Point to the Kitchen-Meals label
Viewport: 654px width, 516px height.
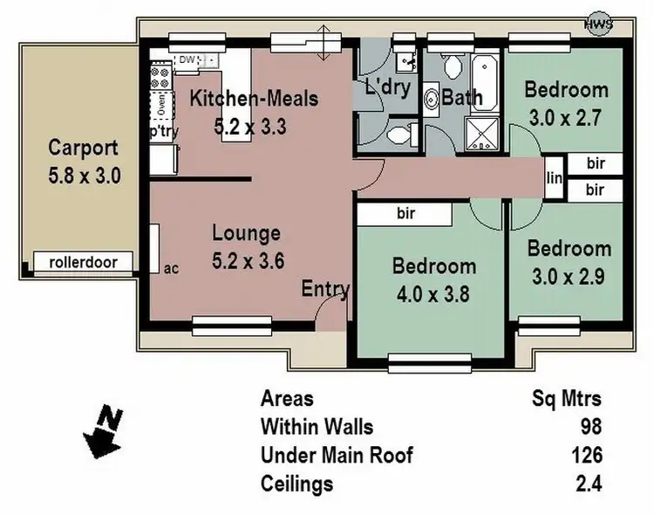pyautogui.click(x=254, y=99)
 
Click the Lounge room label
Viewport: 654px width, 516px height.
pyautogui.click(x=247, y=233)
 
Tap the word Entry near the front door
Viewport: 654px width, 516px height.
pyautogui.click(x=326, y=289)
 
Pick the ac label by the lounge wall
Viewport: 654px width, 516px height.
pyautogui.click(x=171, y=268)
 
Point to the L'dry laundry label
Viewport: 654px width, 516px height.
pyautogui.click(x=387, y=87)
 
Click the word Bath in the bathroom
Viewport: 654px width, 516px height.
pyautogui.click(x=462, y=96)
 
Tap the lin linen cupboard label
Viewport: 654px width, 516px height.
pyautogui.click(x=554, y=178)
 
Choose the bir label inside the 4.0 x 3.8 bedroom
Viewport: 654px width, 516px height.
pyautogui.click(x=405, y=212)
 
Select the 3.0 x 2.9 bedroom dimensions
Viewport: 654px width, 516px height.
pyautogui.click(x=569, y=276)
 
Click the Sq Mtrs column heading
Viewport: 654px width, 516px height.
pyautogui.click(x=567, y=400)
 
